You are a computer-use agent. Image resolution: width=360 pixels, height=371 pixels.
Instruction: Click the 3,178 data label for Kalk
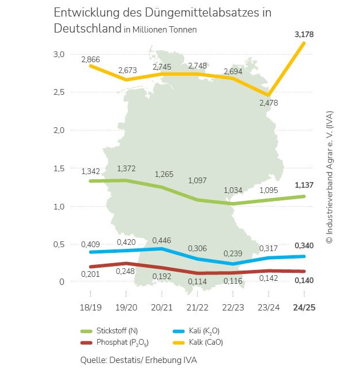(304, 35)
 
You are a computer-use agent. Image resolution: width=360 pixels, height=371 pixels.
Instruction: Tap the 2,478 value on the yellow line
(269, 103)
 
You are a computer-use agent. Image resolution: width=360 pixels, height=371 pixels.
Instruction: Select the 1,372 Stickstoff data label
(127, 169)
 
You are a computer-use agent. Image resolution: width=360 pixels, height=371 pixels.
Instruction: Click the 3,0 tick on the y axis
(59, 54)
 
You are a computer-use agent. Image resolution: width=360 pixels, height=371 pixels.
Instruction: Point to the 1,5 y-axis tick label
(59, 168)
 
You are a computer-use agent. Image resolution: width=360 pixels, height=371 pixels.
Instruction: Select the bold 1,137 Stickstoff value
(304, 185)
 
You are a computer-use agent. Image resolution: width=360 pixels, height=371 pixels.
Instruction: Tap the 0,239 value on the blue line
(233, 253)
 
